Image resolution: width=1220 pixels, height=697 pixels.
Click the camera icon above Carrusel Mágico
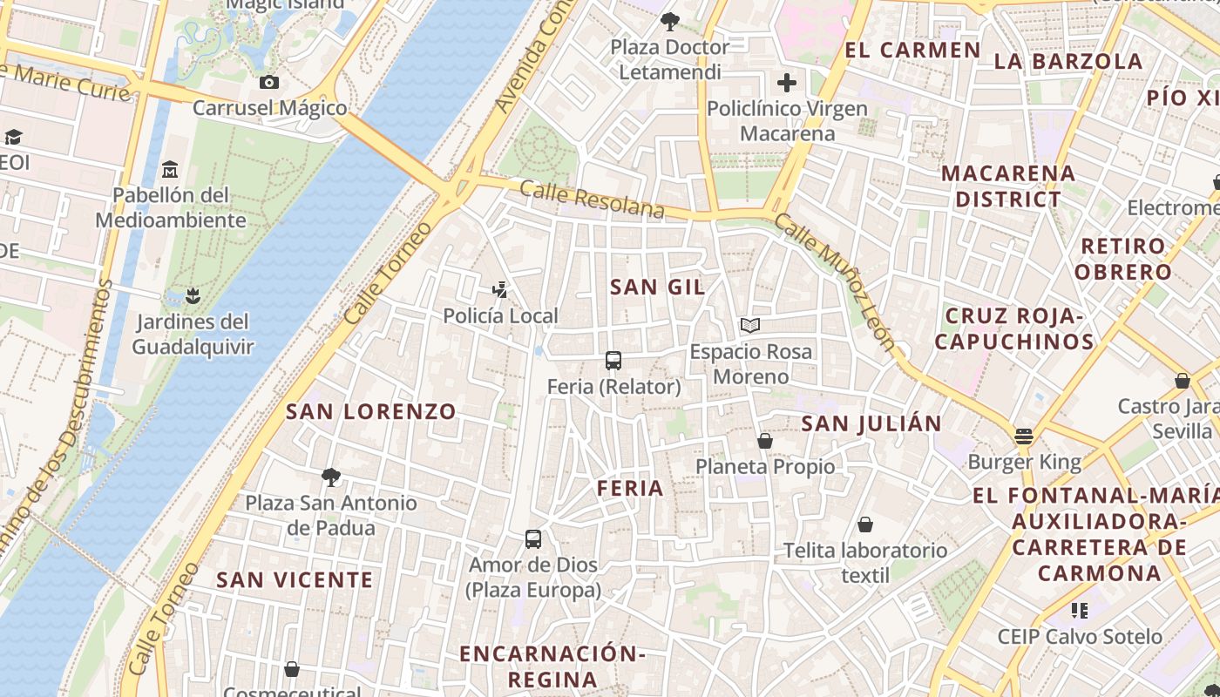269,82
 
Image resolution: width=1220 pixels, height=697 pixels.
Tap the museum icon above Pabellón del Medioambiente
170,168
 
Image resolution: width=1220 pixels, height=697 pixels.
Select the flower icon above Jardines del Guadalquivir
193,295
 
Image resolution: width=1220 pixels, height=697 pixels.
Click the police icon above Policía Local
500,289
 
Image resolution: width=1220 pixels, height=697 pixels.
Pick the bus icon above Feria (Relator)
613,360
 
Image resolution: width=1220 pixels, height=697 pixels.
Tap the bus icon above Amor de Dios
533,538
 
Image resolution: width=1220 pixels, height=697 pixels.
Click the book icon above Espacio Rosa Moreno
750,326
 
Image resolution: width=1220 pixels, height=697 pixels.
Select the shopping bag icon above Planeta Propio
765,441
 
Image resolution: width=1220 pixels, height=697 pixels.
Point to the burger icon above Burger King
1024,436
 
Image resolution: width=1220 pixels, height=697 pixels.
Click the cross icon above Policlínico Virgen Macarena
787,83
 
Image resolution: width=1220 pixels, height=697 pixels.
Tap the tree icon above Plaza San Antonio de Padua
330,477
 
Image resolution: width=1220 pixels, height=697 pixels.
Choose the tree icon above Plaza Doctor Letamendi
669,21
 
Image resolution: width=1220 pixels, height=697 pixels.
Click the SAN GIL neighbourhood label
657,287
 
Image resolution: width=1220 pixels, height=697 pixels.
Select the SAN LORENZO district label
371,411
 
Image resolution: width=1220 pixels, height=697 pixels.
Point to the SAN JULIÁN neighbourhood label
871,423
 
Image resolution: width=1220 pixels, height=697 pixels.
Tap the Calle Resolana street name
592,200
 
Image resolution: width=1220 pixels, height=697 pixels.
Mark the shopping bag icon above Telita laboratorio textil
865,524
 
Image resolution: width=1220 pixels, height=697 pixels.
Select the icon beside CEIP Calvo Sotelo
1080,611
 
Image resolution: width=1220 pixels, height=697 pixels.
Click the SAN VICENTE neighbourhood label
295,579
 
